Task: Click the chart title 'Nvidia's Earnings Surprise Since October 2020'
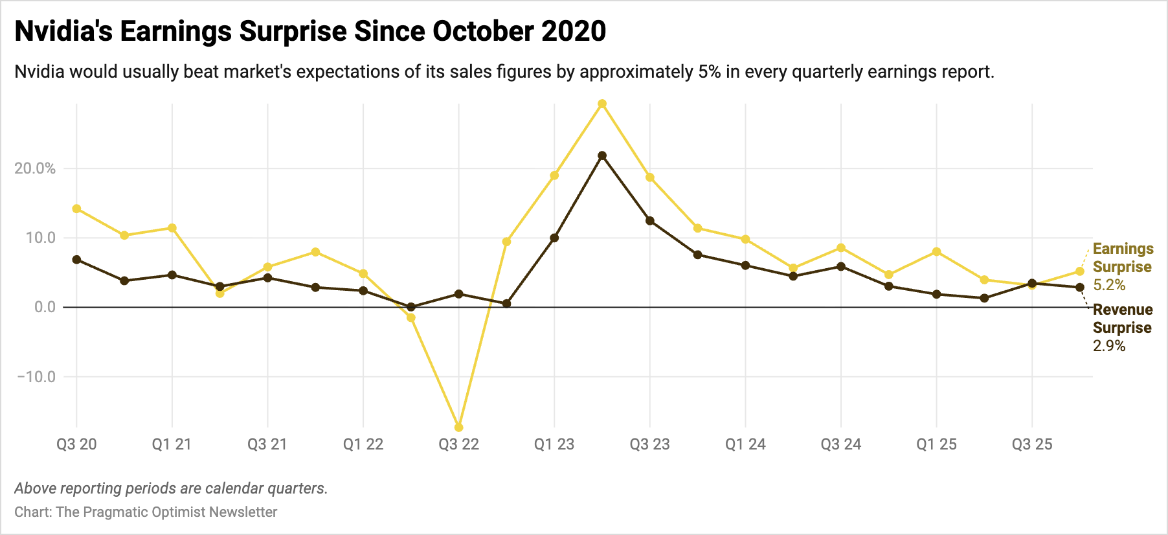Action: pyautogui.click(x=310, y=31)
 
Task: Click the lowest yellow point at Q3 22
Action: pyautogui.click(x=459, y=427)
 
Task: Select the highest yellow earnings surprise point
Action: pyautogui.click(x=602, y=104)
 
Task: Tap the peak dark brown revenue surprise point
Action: pyautogui.click(x=602, y=155)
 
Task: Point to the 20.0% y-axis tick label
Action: pyautogui.click(x=35, y=168)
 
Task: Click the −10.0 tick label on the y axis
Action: pyautogui.click(x=36, y=376)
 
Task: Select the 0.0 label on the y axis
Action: pyautogui.click(x=45, y=307)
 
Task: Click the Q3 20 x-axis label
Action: pyautogui.click(x=76, y=444)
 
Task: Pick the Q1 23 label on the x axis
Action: pyautogui.click(x=554, y=444)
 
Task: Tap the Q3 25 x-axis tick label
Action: pyautogui.click(x=1032, y=444)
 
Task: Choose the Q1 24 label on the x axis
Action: pyautogui.click(x=745, y=444)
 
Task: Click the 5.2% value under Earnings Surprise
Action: pyautogui.click(x=1109, y=285)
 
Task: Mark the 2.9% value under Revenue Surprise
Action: pyautogui.click(x=1109, y=346)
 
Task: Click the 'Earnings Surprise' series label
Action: pyautogui.click(x=1123, y=258)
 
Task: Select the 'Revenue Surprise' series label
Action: pyautogui.click(x=1123, y=319)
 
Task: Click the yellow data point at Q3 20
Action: pyautogui.click(x=76, y=209)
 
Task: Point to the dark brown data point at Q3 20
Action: pyautogui.click(x=76, y=259)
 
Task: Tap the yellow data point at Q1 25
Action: pyautogui.click(x=936, y=251)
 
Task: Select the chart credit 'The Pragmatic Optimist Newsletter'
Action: pyautogui.click(x=166, y=512)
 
